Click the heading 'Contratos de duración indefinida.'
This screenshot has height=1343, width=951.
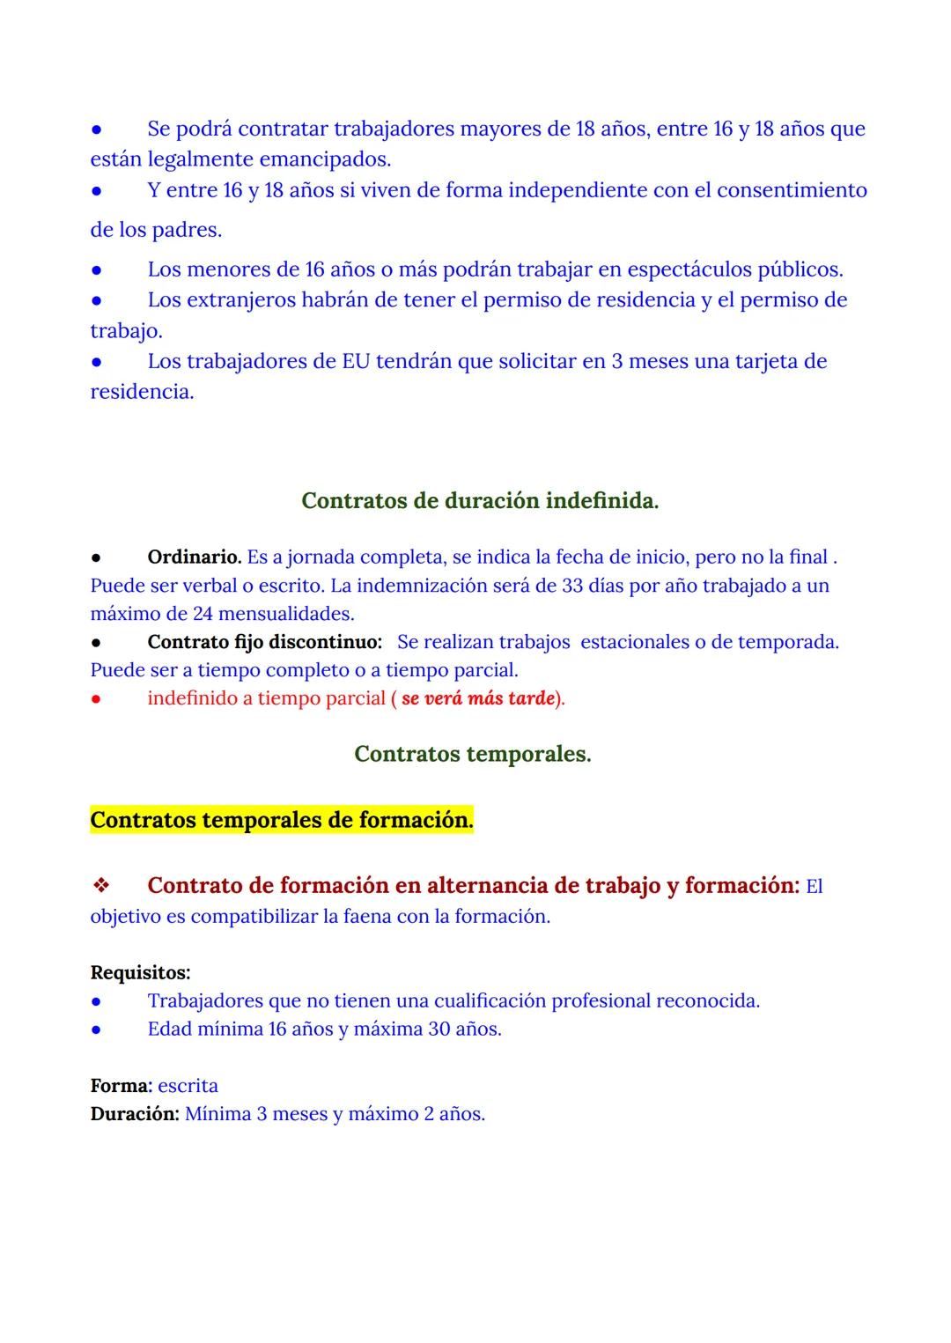(x=480, y=501)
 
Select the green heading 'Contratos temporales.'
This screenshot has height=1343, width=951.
(x=472, y=755)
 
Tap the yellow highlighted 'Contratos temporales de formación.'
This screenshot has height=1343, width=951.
(x=282, y=820)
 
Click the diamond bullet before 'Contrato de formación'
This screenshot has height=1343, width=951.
(x=101, y=885)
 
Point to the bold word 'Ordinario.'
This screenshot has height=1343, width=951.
(x=194, y=557)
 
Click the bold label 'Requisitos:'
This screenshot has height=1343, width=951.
(x=140, y=973)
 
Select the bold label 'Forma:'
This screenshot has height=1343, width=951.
(x=122, y=1086)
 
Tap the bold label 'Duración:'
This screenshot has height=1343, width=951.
(x=135, y=1114)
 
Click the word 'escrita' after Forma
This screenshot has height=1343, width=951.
(x=188, y=1086)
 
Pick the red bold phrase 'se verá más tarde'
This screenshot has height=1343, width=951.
(x=478, y=698)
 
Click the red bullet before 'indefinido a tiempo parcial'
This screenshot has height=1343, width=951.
(x=97, y=698)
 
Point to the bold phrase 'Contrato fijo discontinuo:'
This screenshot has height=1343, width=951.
(x=264, y=642)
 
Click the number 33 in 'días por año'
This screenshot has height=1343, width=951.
(x=572, y=586)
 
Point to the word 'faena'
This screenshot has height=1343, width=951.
(x=358, y=917)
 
